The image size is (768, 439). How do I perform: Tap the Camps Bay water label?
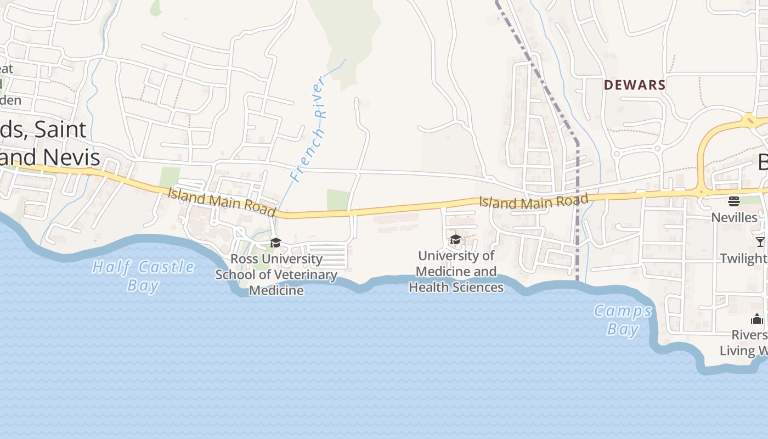(623, 319)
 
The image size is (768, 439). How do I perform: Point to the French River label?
(308, 130)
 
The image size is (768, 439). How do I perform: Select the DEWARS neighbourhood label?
(635, 85)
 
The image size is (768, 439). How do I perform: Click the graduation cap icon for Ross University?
(275, 243)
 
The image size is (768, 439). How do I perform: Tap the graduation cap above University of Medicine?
(455, 239)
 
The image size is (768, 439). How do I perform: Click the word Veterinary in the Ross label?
(306, 275)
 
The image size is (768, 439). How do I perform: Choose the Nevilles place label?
(734, 217)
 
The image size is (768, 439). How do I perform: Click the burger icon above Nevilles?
(734, 201)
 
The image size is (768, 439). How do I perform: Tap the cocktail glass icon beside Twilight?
(760, 241)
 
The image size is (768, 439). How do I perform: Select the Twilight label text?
(743, 258)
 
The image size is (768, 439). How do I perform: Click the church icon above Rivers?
(757, 319)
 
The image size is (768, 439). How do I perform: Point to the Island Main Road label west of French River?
(222, 201)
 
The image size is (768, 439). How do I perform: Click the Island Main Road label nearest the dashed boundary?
(533, 201)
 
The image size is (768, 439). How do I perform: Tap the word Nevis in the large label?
(71, 157)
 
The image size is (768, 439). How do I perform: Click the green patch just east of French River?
(338, 199)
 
